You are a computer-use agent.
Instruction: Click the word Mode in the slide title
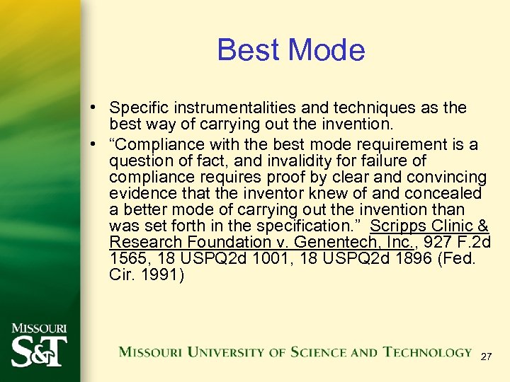point(326,50)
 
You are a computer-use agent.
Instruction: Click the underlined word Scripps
point(398,226)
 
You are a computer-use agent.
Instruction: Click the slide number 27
point(485,358)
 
